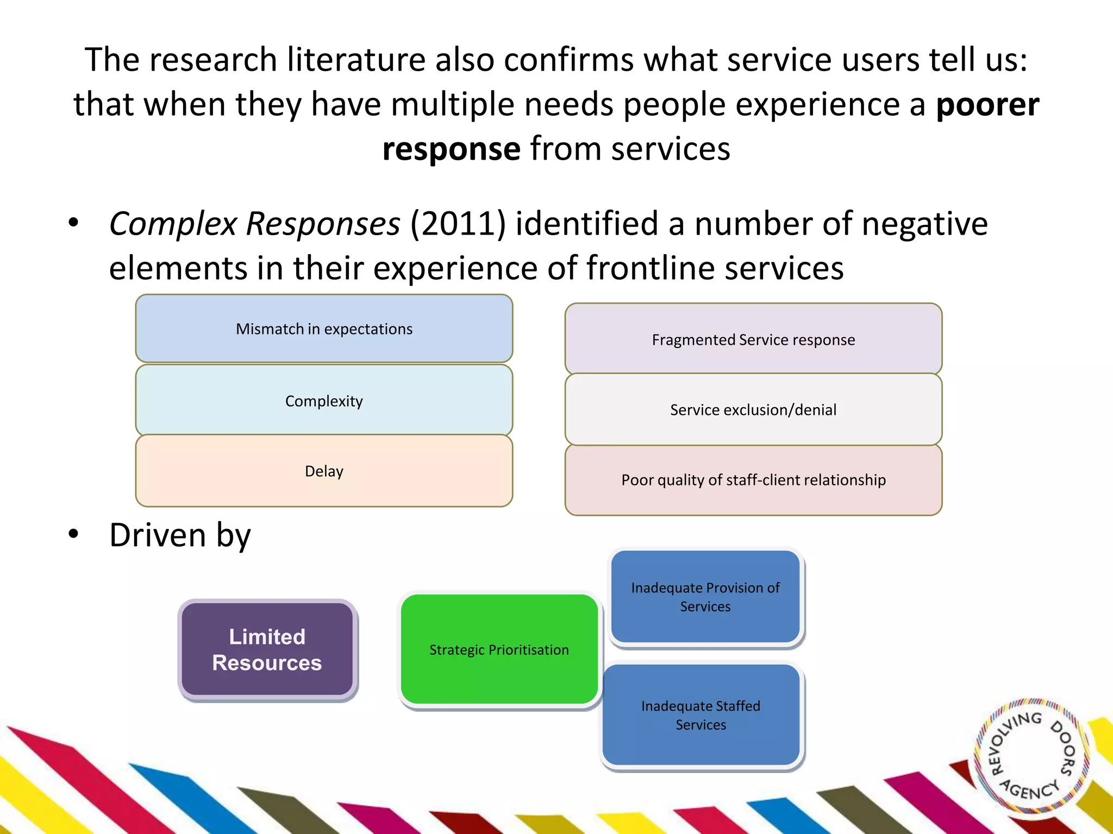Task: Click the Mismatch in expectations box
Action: (324, 328)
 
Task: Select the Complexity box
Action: (324, 400)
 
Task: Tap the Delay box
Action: (324, 471)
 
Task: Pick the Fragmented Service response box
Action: (753, 339)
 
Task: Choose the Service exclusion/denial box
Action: (753, 409)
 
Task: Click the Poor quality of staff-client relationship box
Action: (753, 480)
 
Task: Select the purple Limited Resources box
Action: (267, 649)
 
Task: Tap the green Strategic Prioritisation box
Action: (499, 649)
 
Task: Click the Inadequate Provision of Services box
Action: (705, 597)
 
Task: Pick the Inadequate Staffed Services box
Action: (701, 715)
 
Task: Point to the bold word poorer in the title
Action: (987, 104)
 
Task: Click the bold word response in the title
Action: (452, 149)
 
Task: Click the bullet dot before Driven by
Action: (73, 534)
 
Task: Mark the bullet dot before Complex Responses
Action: (73, 222)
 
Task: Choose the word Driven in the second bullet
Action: (158, 535)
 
